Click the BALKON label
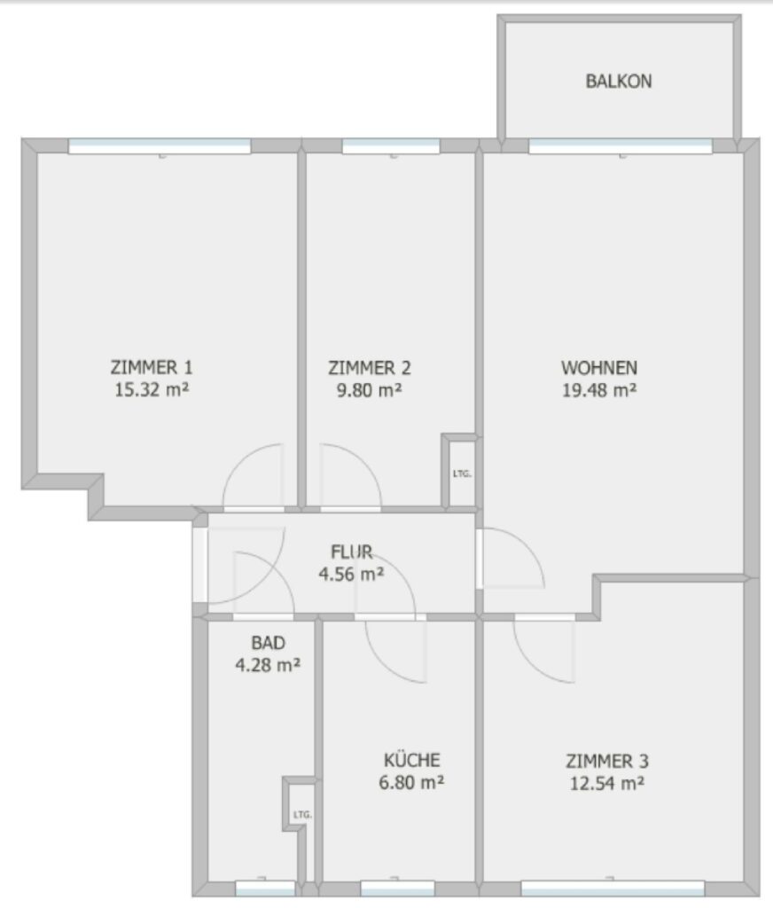[619, 81]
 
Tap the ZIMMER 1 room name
[152, 367]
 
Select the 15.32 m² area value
[152, 389]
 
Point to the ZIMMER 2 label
[370, 368]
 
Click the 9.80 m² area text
[370, 390]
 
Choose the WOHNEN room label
[599, 368]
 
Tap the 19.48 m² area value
[599, 390]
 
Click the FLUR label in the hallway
[351, 552]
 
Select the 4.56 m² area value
[351, 574]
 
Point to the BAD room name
[268, 643]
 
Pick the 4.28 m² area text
[268, 665]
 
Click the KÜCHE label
[411, 760]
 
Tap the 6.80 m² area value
[411, 782]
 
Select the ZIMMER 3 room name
[607, 761]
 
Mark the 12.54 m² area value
[607, 784]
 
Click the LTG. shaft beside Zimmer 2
[462, 474]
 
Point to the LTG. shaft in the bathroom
[302, 814]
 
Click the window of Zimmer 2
[391, 146]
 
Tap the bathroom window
[265, 888]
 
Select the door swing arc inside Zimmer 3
[532, 664]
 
